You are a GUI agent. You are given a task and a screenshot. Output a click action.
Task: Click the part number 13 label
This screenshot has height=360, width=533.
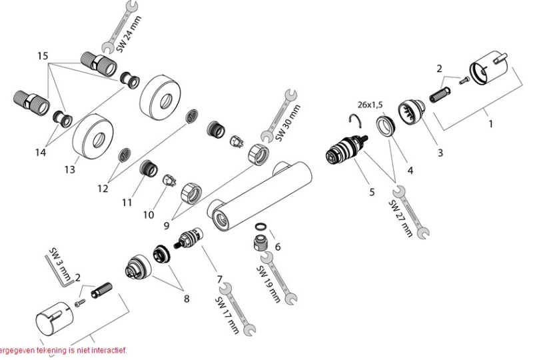coord(69,169)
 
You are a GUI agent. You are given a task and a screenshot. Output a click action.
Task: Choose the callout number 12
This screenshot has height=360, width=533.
coord(102,189)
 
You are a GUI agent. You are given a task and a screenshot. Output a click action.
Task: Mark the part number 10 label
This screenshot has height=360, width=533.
coord(148,215)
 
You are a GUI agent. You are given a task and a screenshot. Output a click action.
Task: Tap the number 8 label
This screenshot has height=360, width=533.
coord(187,298)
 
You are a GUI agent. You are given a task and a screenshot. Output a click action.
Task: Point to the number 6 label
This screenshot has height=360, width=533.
coord(277,246)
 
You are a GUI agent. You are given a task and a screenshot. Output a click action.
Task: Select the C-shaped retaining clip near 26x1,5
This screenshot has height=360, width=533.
coord(358,120)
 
